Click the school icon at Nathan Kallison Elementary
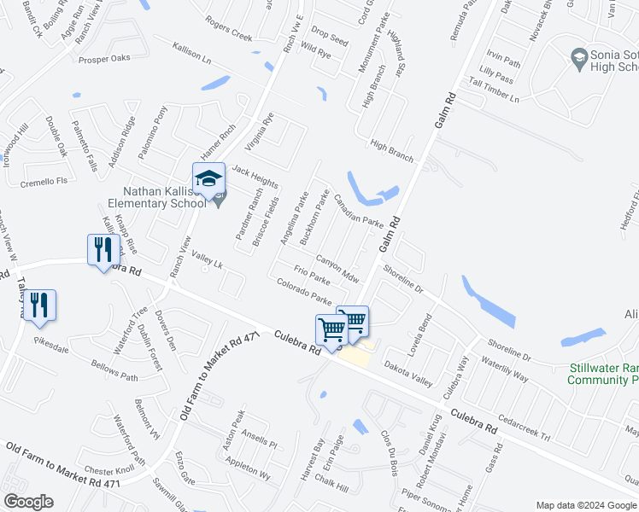coord(208,179)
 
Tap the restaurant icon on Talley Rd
coord(39,305)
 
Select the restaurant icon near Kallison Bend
coord(101,249)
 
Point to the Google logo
coord(28,502)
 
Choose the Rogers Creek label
coord(229,31)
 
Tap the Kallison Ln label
coord(191,53)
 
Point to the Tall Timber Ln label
coord(493,90)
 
